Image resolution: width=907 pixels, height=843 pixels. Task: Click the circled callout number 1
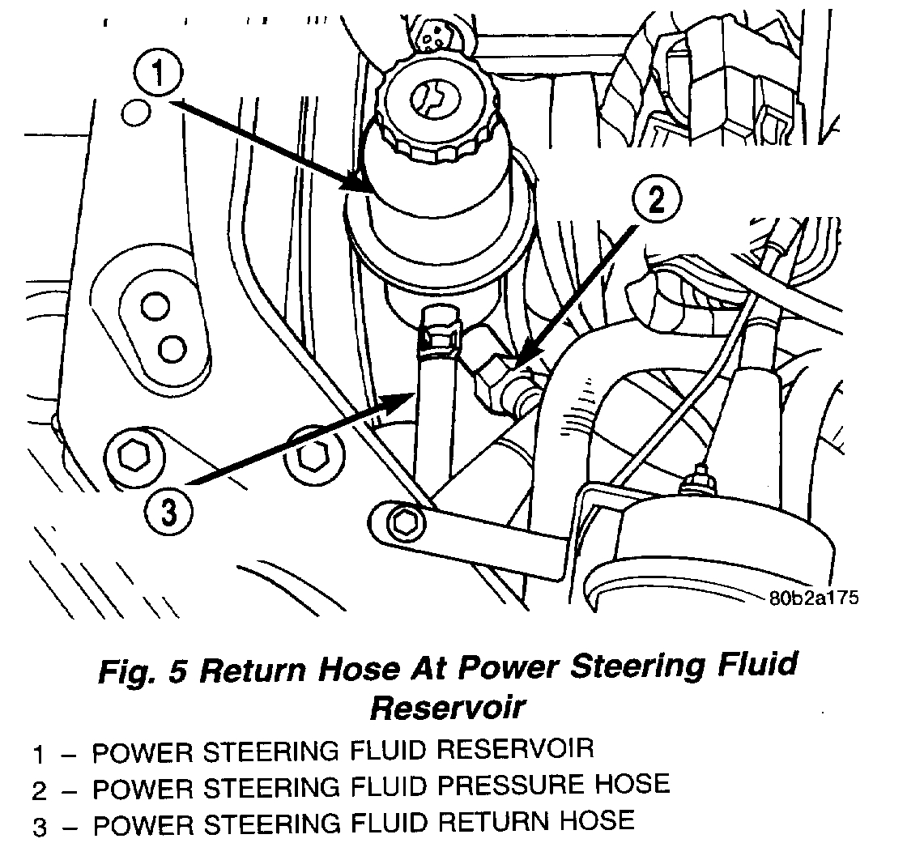159,76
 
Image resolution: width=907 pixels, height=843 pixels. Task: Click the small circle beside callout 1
135,111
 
